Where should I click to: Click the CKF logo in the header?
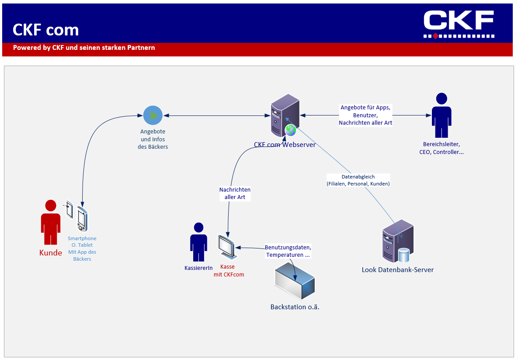pyautogui.click(x=459, y=24)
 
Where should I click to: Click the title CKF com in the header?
pyautogui.click(x=46, y=30)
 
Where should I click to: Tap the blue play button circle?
pyautogui.click(x=153, y=115)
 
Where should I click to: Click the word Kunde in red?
pyautogui.click(x=51, y=253)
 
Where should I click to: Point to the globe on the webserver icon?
pyautogui.click(x=290, y=129)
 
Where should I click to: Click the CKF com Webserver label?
pyautogui.click(x=285, y=144)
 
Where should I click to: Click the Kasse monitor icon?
pyautogui.click(x=227, y=247)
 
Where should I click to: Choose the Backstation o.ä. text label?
pyautogui.click(x=295, y=307)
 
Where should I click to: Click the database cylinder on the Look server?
pyautogui.click(x=403, y=255)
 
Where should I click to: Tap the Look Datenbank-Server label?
pyautogui.click(x=398, y=270)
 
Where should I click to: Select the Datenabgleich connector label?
pyautogui.click(x=358, y=180)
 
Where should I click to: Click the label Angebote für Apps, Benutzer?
pyautogui.click(x=365, y=115)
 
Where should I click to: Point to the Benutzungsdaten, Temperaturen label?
pyautogui.click(x=288, y=251)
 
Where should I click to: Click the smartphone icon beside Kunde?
pyautogui.click(x=81, y=219)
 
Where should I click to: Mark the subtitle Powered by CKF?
pyautogui.click(x=84, y=48)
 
